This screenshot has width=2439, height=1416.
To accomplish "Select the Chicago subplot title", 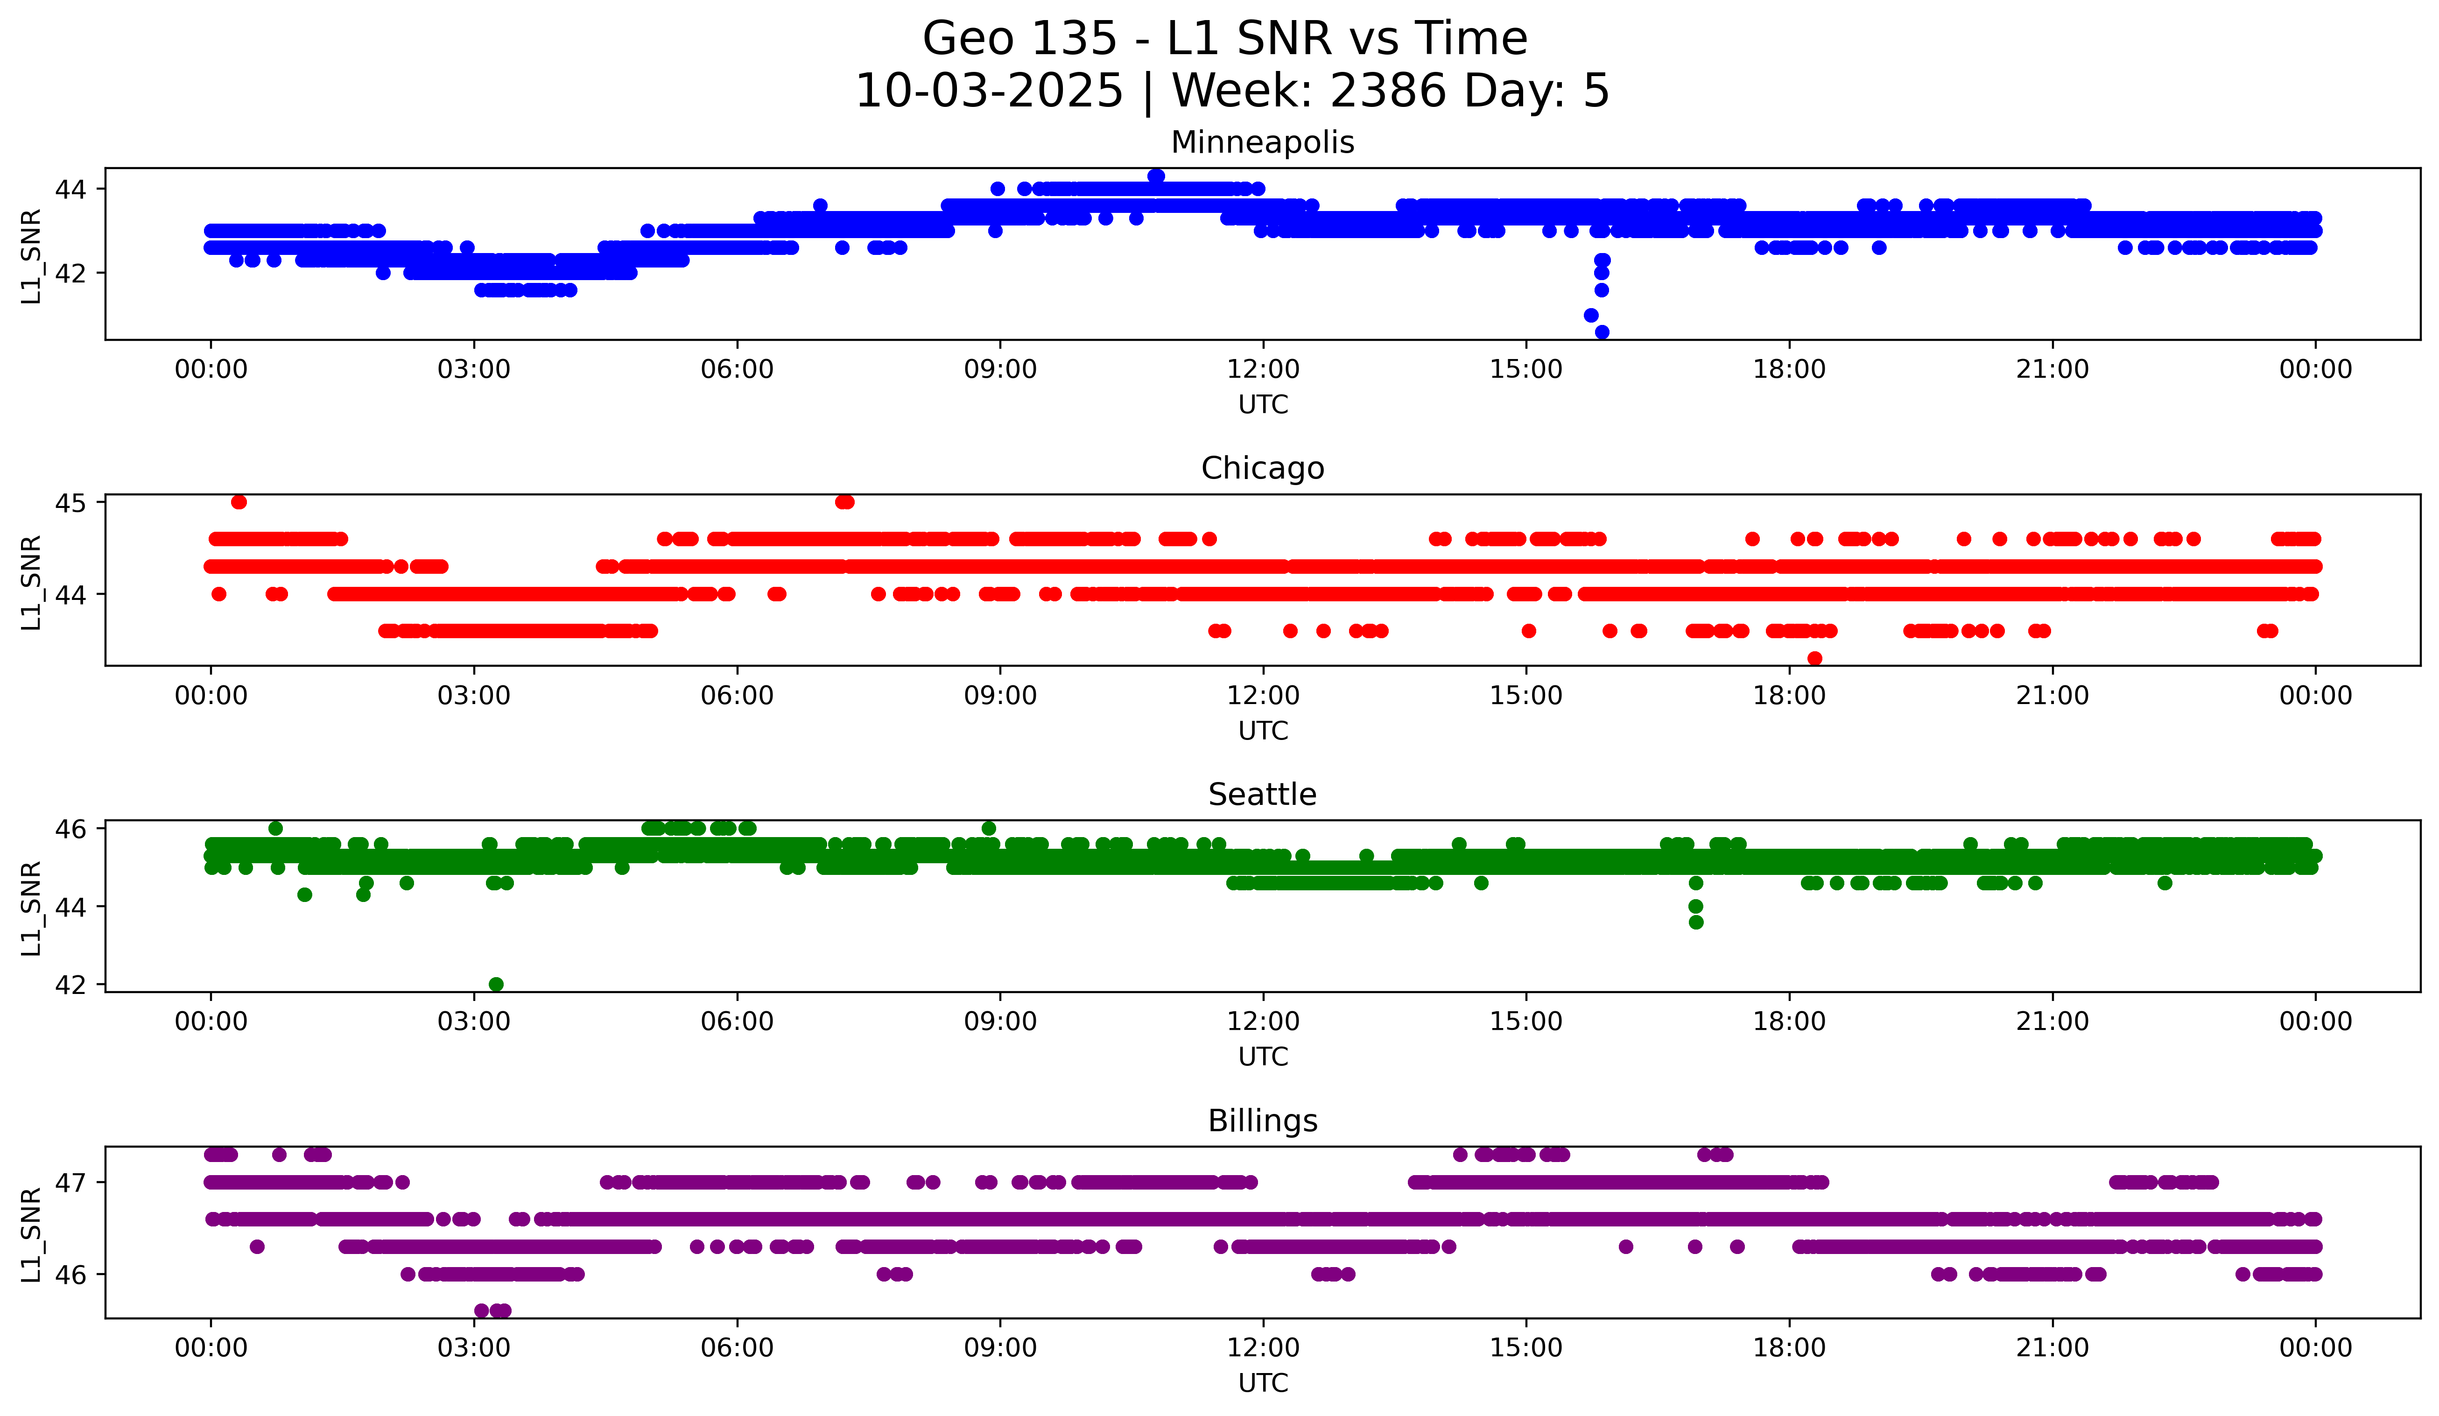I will (1262, 468).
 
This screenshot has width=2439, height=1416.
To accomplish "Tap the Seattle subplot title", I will (1262, 795).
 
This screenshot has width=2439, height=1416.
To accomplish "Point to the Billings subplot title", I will (1262, 1121).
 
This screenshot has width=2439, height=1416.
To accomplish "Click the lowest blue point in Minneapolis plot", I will (1602, 332).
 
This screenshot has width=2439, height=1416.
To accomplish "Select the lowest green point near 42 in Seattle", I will (496, 984).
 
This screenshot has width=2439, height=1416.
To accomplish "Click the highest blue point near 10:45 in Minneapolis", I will (1156, 176).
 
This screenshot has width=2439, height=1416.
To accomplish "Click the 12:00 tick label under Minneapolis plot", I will (1263, 370).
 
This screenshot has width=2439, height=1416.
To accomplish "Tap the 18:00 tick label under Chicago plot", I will (1789, 696).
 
